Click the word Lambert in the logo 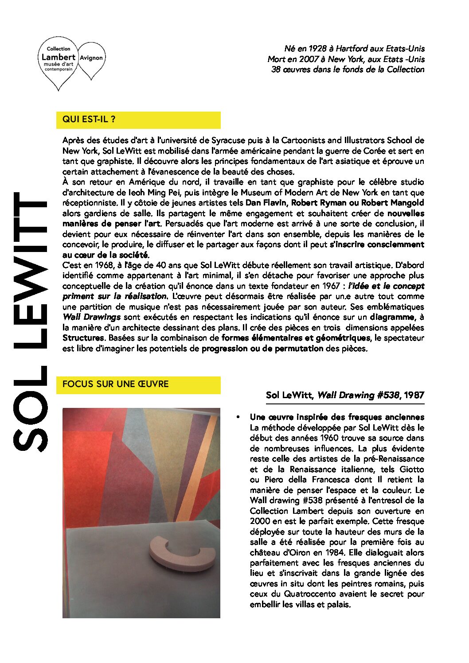[x=59, y=57]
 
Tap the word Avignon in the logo [x=91, y=58]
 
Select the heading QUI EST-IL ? [x=89, y=119]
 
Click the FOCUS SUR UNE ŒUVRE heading [x=116, y=384]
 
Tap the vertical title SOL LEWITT [x=30, y=321]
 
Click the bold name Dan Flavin [x=266, y=203]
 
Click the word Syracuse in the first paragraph [x=228, y=140]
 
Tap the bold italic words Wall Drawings [x=91, y=317]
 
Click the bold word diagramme [x=393, y=317]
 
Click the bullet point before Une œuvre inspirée [x=238, y=417]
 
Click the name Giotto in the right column [x=412, y=469]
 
